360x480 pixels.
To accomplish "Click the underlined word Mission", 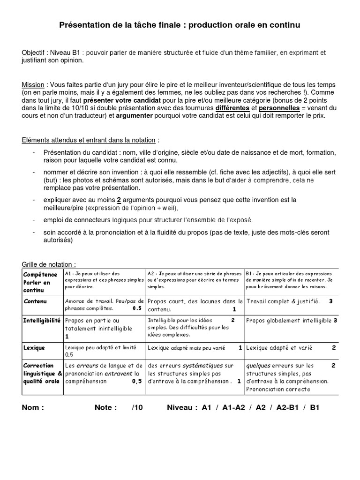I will [33, 85].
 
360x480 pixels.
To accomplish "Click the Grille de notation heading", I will [49, 265].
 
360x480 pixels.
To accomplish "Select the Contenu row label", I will [36, 301].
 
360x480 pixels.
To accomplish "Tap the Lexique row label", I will [35, 348].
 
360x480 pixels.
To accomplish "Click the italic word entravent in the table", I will [117, 373].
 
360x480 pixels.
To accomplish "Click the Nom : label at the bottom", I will [33, 407].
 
